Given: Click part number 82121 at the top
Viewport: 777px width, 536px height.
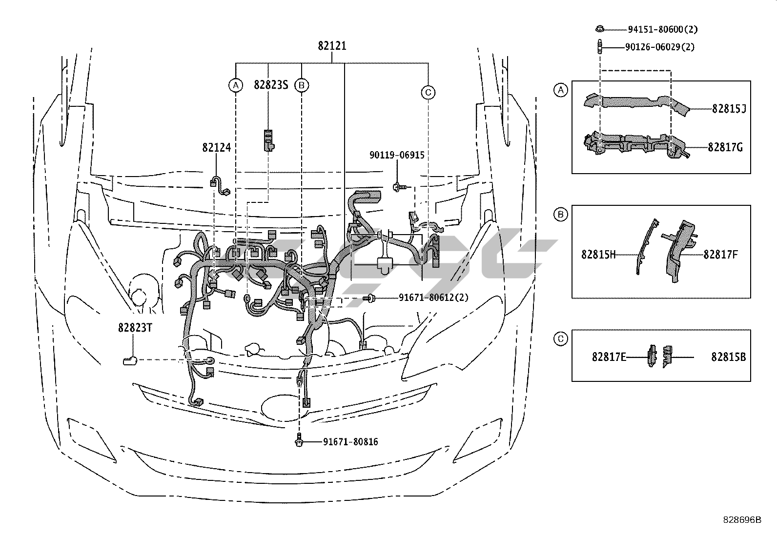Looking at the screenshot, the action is [332, 46].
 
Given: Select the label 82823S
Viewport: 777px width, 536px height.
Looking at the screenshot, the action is [271, 84].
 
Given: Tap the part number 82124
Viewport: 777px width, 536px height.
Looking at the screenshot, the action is [216, 147].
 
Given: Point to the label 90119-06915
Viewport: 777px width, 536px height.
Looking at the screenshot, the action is [397, 155].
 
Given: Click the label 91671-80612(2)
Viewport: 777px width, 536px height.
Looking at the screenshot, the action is [433, 298].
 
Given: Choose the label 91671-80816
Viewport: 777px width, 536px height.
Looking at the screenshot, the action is [350, 442].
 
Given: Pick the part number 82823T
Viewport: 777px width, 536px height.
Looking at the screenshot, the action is [135, 328].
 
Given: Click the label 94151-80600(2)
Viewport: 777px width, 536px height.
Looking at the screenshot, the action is [662, 29].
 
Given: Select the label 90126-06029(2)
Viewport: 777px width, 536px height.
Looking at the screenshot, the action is [660, 47].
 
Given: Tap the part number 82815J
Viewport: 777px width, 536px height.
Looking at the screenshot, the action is [729, 109].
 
